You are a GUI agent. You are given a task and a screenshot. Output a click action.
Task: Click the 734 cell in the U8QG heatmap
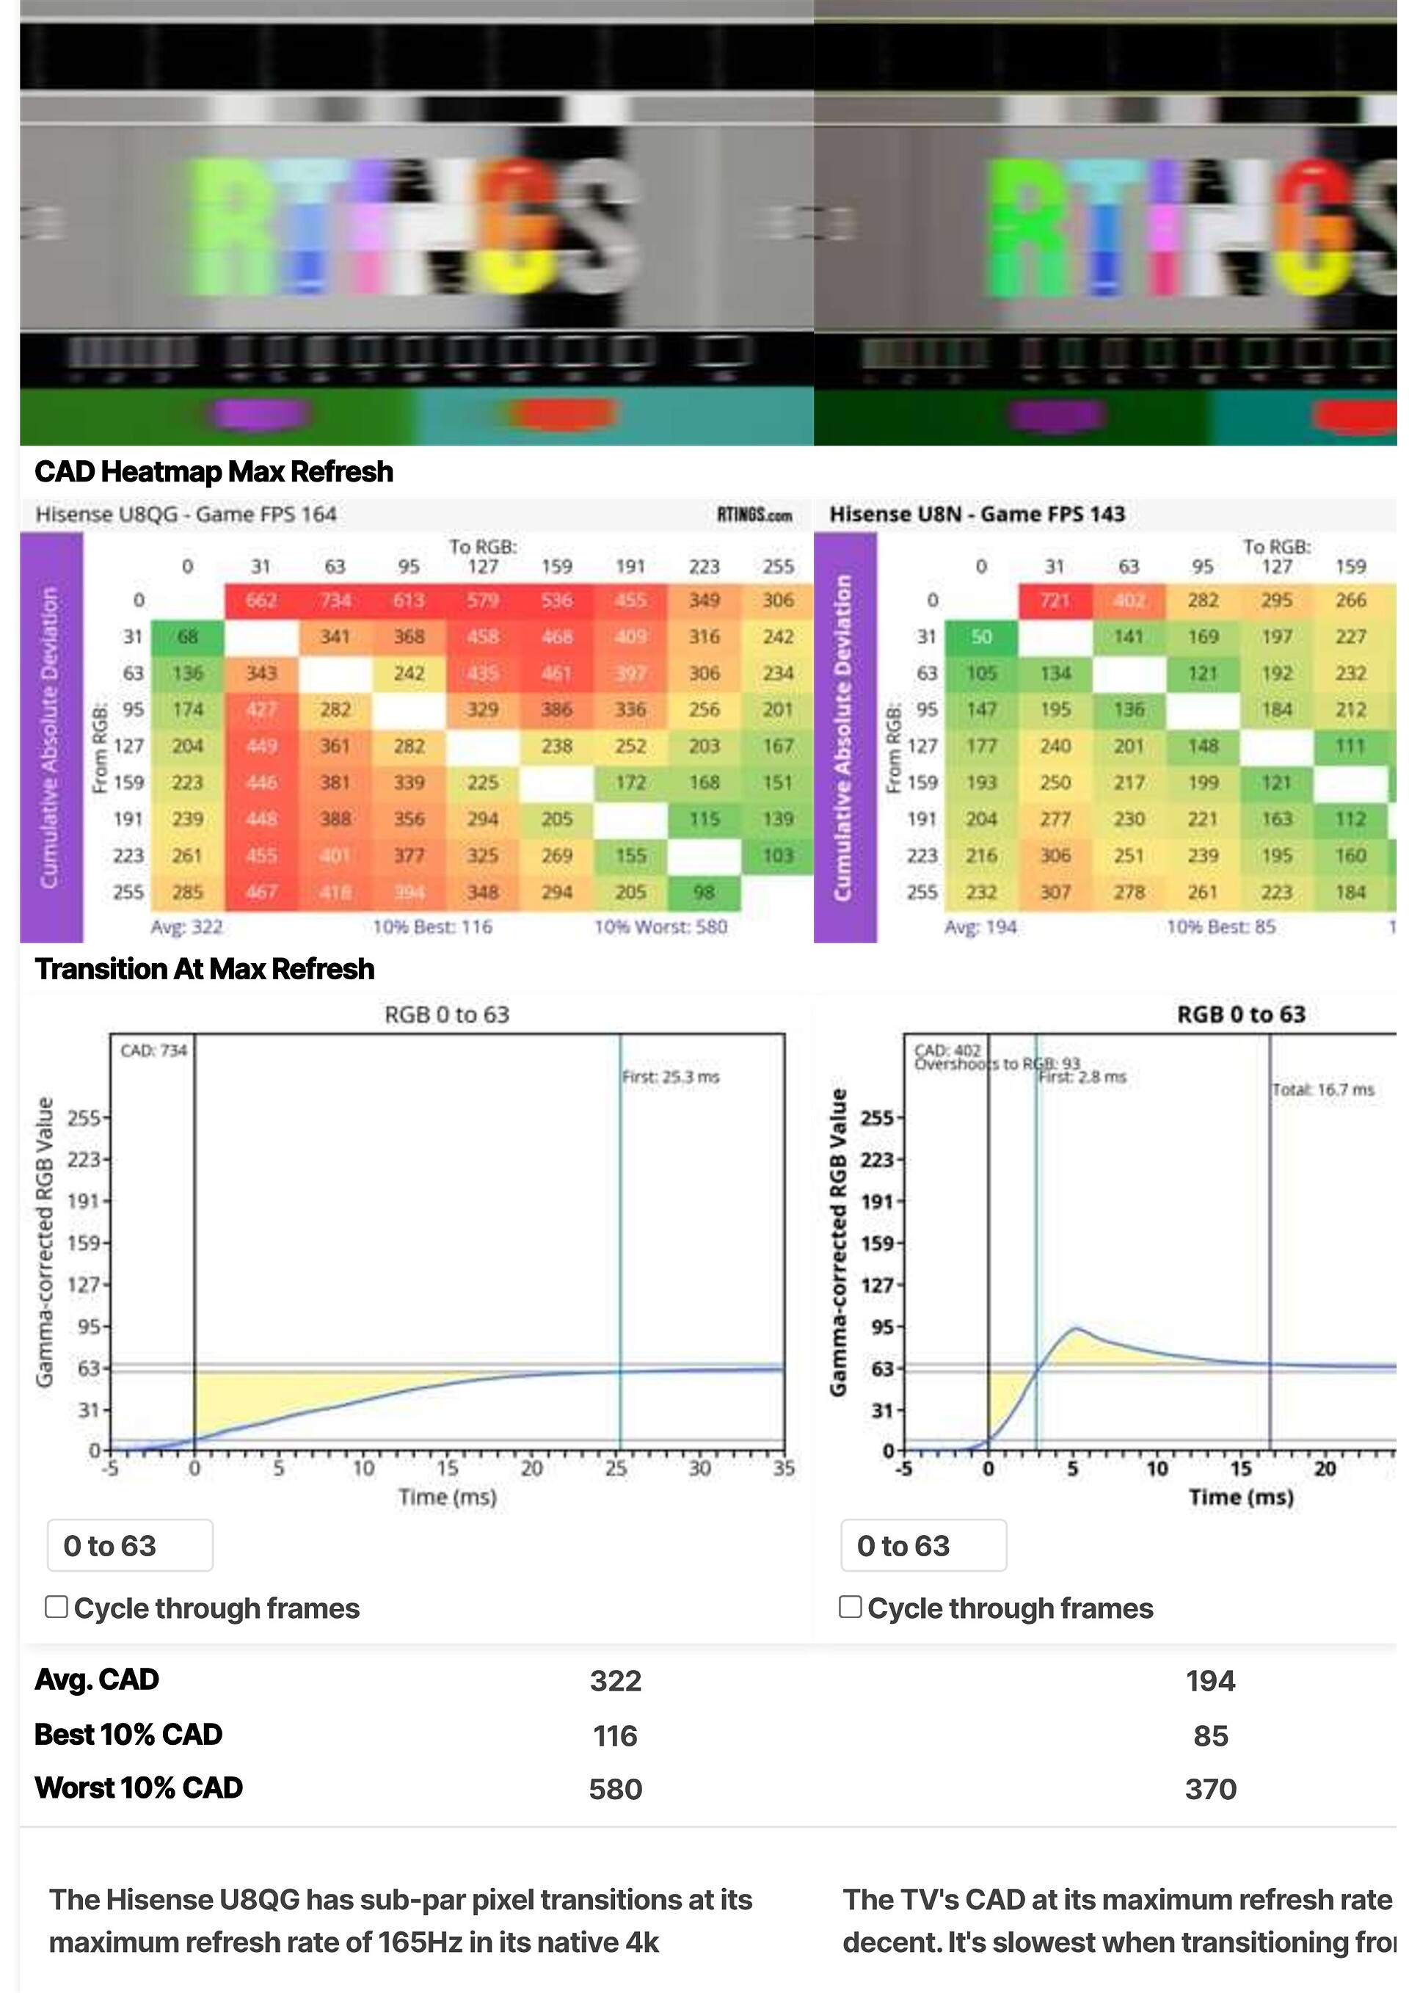[335, 600]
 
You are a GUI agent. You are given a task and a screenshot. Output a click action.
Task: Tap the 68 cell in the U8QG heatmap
[187, 637]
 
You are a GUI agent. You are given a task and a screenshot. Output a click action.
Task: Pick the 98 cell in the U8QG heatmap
[704, 893]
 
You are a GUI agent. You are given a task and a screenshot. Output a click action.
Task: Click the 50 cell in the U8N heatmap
[981, 637]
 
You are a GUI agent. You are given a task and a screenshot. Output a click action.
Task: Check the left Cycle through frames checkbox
[57, 1607]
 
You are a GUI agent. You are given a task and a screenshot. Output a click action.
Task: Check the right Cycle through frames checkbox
[851, 1607]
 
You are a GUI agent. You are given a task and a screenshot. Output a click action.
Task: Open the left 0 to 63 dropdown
[130, 1546]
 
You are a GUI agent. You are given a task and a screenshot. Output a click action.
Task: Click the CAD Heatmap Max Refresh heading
[214, 472]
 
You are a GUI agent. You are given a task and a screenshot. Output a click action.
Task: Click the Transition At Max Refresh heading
[205, 969]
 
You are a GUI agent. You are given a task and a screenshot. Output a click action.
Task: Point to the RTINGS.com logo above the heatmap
[754, 515]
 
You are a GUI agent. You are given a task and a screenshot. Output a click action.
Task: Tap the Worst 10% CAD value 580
[615, 1789]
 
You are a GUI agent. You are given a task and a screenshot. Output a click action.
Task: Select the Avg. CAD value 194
[1210, 1680]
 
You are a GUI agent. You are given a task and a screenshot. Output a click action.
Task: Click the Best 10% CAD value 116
[615, 1735]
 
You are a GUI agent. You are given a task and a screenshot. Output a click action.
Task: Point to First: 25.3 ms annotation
[671, 1077]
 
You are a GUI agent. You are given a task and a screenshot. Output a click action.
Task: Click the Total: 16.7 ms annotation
[1323, 1090]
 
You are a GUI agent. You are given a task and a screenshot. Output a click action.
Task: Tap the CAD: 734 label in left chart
[153, 1051]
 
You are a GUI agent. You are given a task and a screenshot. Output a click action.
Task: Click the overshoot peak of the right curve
[1076, 1328]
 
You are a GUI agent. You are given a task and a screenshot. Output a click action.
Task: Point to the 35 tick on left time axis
[784, 1469]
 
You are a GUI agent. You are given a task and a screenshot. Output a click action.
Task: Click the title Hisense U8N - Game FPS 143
[977, 515]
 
